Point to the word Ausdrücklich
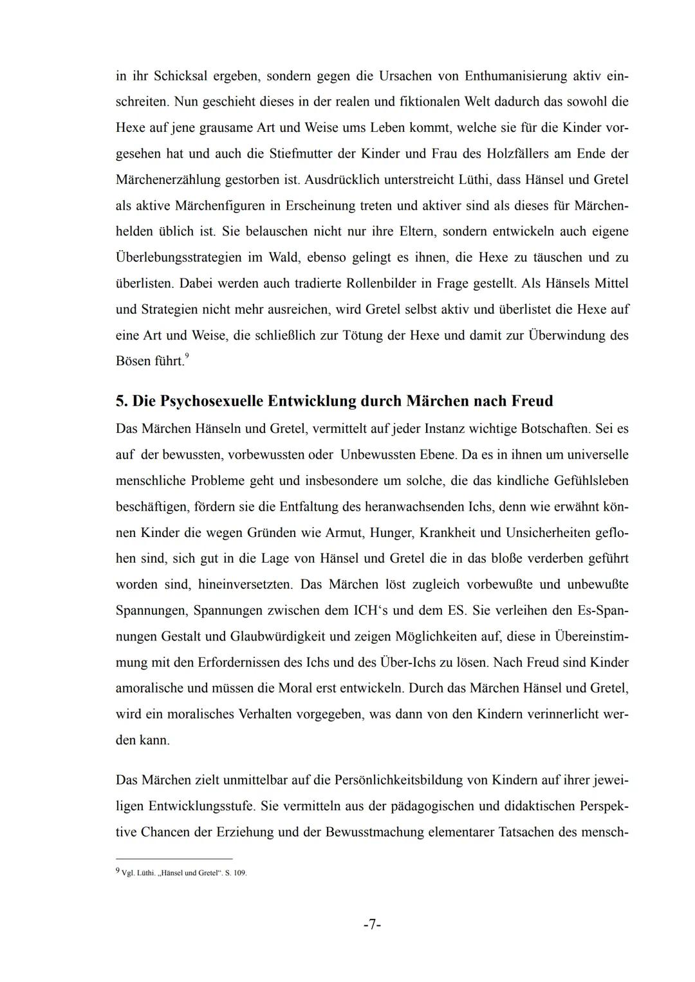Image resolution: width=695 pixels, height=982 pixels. pos(346,179)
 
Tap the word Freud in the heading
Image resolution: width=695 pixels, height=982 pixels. pos(532,401)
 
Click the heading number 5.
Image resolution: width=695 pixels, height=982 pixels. pos(121,401)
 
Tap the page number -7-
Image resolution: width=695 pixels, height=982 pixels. pos(373,925)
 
